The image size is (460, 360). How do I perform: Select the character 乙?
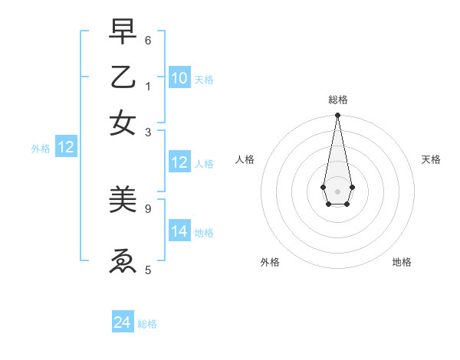point(123,78)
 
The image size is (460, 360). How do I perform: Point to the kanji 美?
point(123,201)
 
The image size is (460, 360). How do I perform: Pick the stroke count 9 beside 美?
point(148,208)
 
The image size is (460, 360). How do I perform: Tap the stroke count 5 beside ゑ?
point(148,269)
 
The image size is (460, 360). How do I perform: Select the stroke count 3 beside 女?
point(148,132)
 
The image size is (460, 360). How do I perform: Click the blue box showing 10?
point(179,78)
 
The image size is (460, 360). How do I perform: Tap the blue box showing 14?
point(179,232)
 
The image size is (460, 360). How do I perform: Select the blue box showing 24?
point(123,323)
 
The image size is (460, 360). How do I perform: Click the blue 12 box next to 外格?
point(66,149)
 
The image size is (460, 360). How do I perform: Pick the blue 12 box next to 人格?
point(179,162)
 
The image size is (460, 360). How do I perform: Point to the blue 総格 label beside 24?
point(147,324)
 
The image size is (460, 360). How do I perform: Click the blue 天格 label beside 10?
point(204,79)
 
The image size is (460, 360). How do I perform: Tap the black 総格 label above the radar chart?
point(337,100)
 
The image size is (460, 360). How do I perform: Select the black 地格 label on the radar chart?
point(402,262)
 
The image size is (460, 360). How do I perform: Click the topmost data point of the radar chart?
point(337,116)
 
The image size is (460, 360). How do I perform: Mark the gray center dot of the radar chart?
point(337,190)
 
